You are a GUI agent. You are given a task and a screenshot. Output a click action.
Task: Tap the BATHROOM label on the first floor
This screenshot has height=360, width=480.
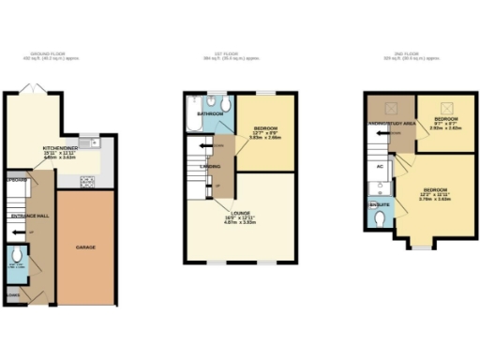[208, 114]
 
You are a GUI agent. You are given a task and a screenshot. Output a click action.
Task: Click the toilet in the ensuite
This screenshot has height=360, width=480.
[380, 217]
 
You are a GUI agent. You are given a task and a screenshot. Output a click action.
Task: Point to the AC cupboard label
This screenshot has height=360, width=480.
[380, 166]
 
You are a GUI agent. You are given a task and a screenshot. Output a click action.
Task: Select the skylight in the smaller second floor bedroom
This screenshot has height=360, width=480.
[443, 105]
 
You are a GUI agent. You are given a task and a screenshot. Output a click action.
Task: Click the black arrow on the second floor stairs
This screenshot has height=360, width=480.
[384, 133]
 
